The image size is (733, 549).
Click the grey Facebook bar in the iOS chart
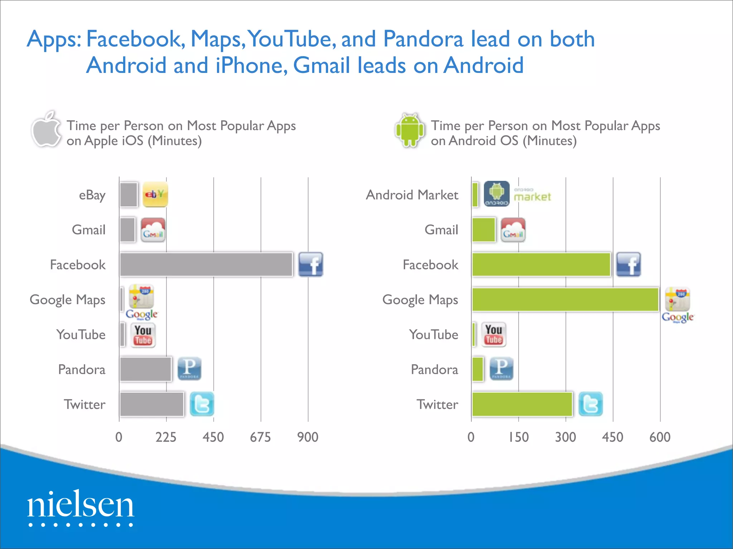coord(206,264)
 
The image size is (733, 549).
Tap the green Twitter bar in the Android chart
coord(522,404)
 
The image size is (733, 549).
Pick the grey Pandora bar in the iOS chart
coord(145,369)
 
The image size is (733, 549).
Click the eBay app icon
coord(155,194)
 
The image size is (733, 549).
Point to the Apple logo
coord(46,130)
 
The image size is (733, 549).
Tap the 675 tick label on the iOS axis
coord(260,437)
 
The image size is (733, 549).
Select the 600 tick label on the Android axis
coord(660,437)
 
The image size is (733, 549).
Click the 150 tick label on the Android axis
coord(518,437)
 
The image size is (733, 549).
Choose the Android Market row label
coord(412,195)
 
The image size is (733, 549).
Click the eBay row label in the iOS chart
coord(92,195)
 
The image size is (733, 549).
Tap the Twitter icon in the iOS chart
coord(202,404)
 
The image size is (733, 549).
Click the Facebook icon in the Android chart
coord(628,264)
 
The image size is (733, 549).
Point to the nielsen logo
coord(81,507)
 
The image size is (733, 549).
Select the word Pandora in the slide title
coord(423,39)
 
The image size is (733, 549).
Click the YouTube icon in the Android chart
coord(494,335)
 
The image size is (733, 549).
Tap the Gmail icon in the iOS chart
coord(153,230)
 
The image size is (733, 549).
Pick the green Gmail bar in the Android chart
coord(484,230)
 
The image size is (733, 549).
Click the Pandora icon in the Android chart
coord(501,369)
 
